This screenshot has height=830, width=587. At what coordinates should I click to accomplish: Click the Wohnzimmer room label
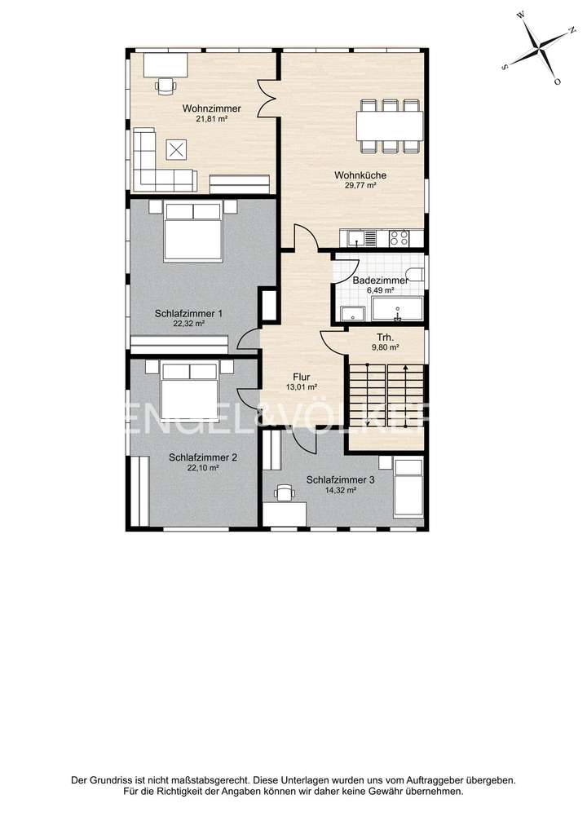[x=211, y=108]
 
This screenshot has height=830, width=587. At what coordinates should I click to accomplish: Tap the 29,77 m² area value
[x=360, y=185]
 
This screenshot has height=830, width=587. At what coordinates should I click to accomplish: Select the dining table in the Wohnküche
[x=389, y=126]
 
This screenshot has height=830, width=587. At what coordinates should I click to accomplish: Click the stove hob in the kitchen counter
[x=399, y=238]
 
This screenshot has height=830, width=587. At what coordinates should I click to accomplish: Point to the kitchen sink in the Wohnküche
[x=355, y=238]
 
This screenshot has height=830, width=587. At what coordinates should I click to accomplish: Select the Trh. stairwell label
[x=386, y=338]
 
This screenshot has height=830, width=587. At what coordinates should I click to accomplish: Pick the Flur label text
[x=301, y=377]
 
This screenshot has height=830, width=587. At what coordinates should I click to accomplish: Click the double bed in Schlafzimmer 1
[x=193, y=232]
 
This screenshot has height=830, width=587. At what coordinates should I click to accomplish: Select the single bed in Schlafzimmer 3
[x=407, y=488]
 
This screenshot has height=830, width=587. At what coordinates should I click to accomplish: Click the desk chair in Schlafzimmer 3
[x=284, y=492]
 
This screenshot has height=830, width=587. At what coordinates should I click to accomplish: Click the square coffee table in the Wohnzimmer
[x=177, y=149]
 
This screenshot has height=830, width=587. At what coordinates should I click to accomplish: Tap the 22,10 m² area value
[x=202, y=468]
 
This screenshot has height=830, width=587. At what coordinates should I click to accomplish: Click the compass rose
[x=536, y=48]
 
